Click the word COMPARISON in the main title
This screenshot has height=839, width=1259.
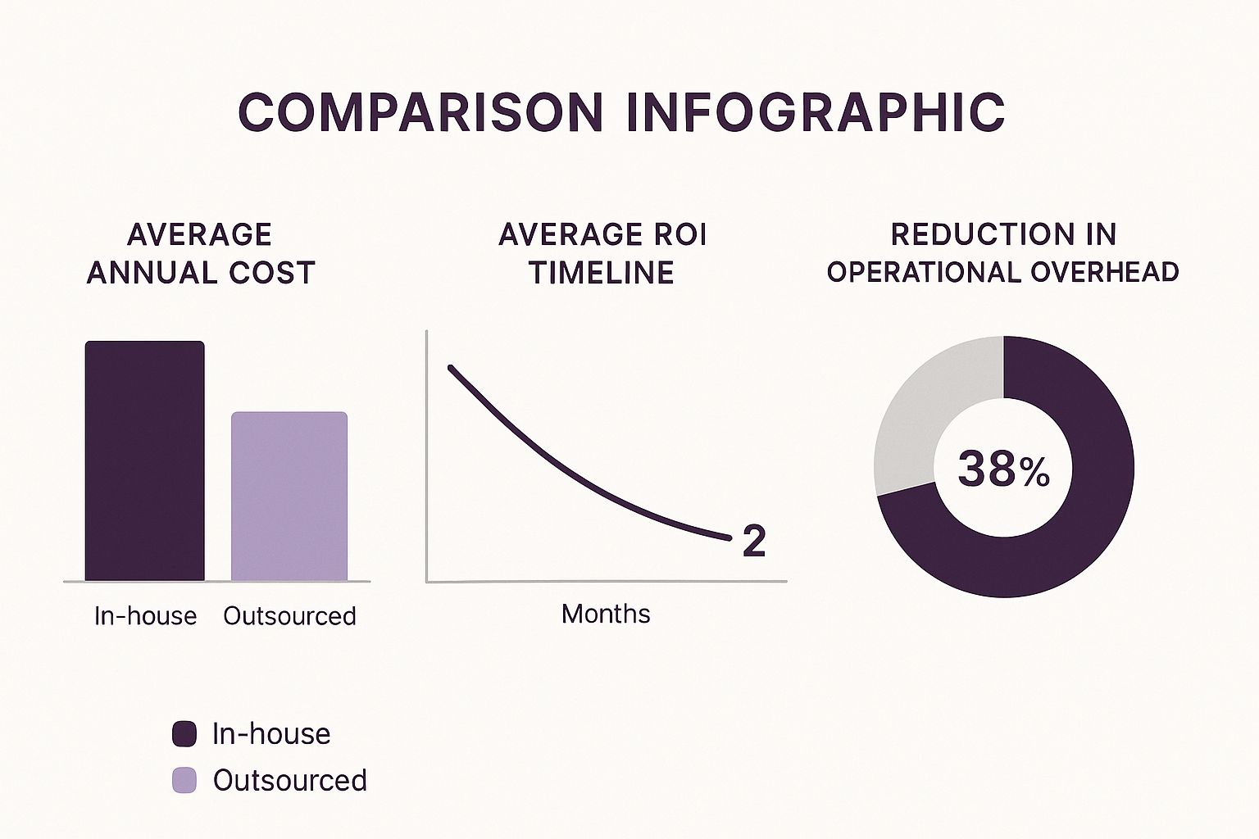420,112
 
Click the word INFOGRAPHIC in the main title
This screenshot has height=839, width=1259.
816,112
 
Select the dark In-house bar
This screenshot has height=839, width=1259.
145,461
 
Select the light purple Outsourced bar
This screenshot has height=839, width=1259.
289,497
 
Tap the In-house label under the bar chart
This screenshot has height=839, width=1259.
145,616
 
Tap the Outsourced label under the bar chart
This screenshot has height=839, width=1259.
289,616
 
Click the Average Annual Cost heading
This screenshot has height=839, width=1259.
200,253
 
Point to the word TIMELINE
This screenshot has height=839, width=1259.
601,273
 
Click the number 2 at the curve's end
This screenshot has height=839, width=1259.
753,542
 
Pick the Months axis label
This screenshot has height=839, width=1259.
606,614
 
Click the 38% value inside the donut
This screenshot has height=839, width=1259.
1003,469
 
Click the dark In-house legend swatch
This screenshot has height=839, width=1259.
184,733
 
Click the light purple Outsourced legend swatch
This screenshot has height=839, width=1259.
184,780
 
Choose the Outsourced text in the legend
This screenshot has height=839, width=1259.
289,780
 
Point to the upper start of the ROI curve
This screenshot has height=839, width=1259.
451,369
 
